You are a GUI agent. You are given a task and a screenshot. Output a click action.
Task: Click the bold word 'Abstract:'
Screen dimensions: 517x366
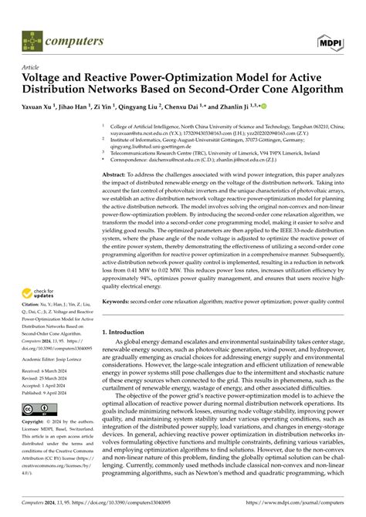tap(115, 174)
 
